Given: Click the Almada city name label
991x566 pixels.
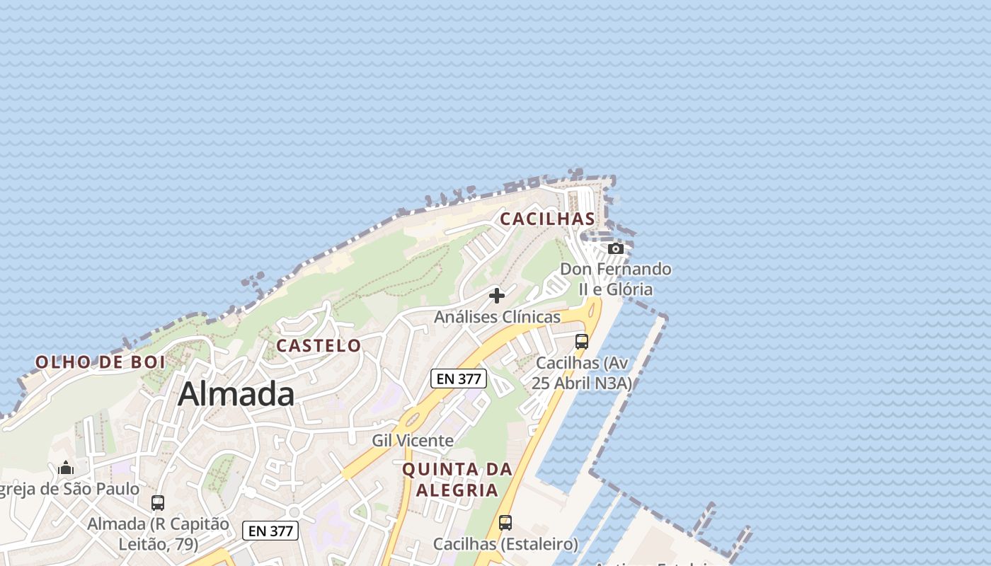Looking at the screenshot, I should click(236, 394).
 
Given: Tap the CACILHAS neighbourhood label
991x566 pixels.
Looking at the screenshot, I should click(547, 219).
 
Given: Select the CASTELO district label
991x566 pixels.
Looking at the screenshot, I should click(319, 345).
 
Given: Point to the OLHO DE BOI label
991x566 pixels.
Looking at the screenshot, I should click(101, 362).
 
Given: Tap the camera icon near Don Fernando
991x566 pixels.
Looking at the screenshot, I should click(616, 248).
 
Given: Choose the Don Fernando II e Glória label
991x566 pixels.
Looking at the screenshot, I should click(615, 279).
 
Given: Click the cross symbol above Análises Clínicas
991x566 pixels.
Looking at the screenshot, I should click(497, 295).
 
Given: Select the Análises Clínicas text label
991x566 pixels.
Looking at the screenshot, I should click(497, 317).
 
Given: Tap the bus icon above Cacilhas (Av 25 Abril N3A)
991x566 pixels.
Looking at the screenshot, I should click(582, 342).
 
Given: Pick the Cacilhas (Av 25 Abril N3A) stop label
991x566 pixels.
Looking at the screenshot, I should click(583, 373).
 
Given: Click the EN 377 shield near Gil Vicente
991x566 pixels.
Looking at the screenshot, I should click(459, 379).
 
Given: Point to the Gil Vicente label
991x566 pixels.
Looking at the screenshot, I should click(413, 441).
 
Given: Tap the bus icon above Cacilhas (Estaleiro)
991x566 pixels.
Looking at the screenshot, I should click(505, 523).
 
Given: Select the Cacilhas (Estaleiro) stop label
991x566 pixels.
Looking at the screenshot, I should click(505, 544).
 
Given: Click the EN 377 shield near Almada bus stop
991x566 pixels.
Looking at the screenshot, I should click(270, 531).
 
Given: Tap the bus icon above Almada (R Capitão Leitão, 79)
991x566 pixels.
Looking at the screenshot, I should click(158, 503).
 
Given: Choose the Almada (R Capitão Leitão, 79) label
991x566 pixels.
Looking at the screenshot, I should click(158, 534).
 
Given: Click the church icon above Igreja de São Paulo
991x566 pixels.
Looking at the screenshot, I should click(66, 468).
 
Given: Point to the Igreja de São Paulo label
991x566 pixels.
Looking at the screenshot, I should click(69, 489).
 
